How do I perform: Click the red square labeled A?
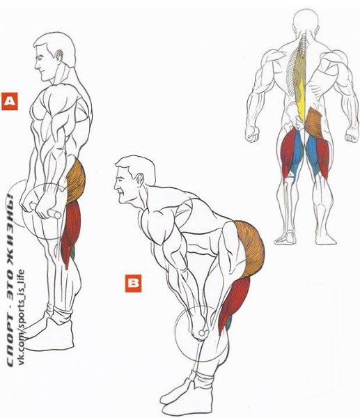10,101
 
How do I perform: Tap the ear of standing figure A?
58,56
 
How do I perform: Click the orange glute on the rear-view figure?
314,122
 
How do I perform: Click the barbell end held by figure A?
54,214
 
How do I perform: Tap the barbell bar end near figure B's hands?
204,333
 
